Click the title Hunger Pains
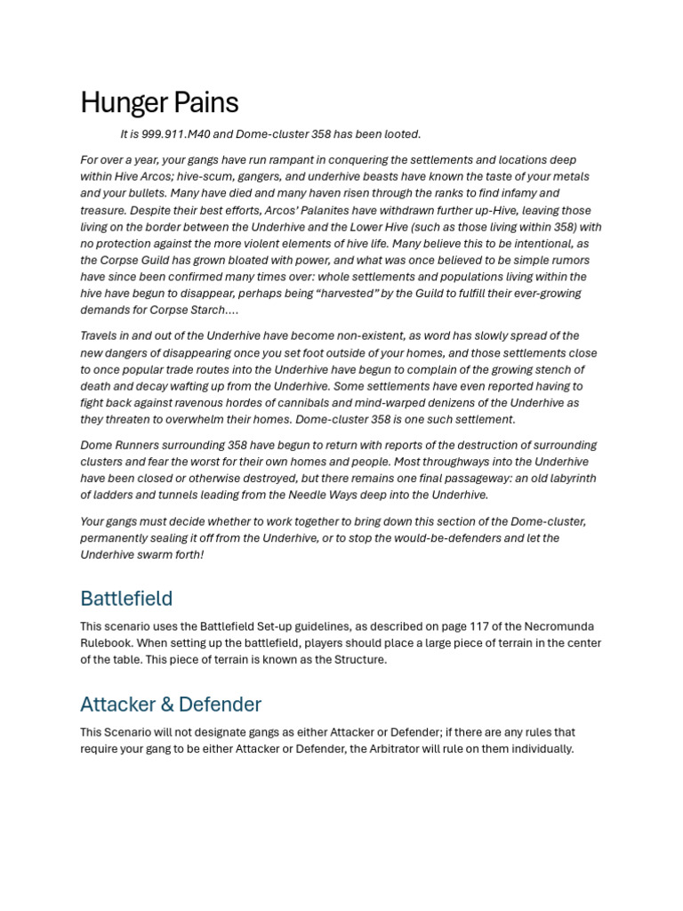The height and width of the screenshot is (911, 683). (159, 103)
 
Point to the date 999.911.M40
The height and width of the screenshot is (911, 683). (185, 134)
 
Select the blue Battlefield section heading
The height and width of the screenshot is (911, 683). (126, 598)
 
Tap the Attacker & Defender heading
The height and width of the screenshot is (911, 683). (171, 705)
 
